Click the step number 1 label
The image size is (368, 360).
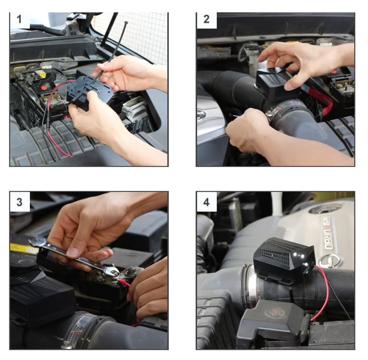point(19,19)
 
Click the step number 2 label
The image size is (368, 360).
point(206,19)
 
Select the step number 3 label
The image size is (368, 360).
point(19,202)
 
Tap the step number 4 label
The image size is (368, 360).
point(206,202)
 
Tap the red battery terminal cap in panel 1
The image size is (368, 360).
point(44,88)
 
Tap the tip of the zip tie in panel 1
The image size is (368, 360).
point(126,22)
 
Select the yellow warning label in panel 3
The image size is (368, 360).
point(23,248)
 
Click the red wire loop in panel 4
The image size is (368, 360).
point(322,293)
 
